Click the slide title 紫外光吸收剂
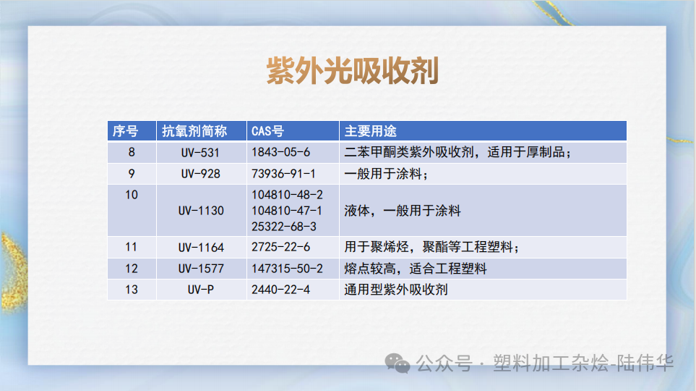click(x=352, y=72)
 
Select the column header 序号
click(x=125, y=131)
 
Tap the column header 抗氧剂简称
click(x=194, y=131)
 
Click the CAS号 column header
click(x=267, y=131)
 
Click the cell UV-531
click(x=200, y=153)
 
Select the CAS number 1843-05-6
click(x=280, y=153)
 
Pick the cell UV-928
click(x=200, y=174)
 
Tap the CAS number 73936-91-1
click(x=284, y=174)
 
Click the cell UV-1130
click(x=201, y=211)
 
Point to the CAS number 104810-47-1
click(x=287, y=211)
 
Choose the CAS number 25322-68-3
click(x=284, y=226)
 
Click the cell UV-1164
click(x=201, y=247)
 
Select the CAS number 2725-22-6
click(x=280, y=247)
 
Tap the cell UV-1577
click(x=201, y=269)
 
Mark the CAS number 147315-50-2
click(x=287, y=269)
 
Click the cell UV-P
click(x=200, y=290)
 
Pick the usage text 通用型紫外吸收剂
click(x=396, y=290)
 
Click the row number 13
click(x=131, y=290)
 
